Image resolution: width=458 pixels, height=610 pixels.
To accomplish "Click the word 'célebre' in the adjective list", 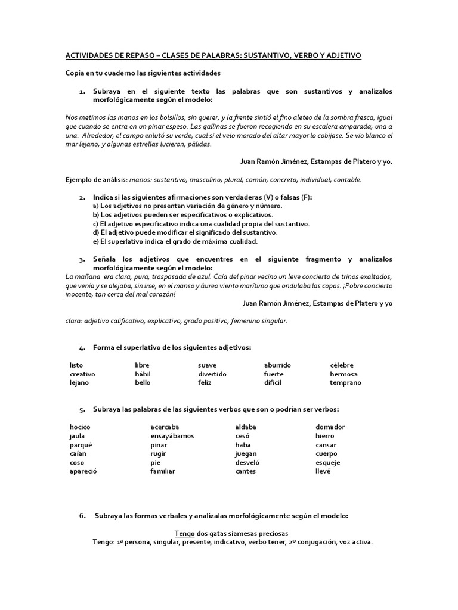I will click(x=342, y=365).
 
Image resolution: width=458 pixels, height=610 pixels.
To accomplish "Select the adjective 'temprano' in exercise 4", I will click(x=345, y=382).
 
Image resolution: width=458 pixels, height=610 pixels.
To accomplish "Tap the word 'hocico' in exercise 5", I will click(x=80, y=427).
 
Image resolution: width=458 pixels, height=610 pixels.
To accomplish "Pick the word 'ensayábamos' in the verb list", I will click(x=172, y=436).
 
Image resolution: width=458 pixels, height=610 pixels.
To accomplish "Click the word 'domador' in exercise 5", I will click(x=330, y=427).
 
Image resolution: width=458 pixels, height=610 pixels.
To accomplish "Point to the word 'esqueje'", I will click(x=328, y=463).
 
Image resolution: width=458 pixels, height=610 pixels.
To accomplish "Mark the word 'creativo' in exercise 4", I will click(x=82, y=374).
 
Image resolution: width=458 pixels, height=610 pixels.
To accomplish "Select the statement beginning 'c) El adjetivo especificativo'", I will click(x=201, y=223).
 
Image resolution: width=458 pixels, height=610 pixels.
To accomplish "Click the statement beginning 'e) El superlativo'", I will click(x=175, y=241).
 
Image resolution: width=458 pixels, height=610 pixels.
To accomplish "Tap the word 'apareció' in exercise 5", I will click(x=83, y=471).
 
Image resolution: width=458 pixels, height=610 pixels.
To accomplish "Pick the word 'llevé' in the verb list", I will click(x=323, y=471).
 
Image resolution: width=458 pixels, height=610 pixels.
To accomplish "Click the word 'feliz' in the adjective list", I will click(x=205, y=382).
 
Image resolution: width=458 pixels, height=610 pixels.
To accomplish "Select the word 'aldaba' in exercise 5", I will click(x=246, y=427).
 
